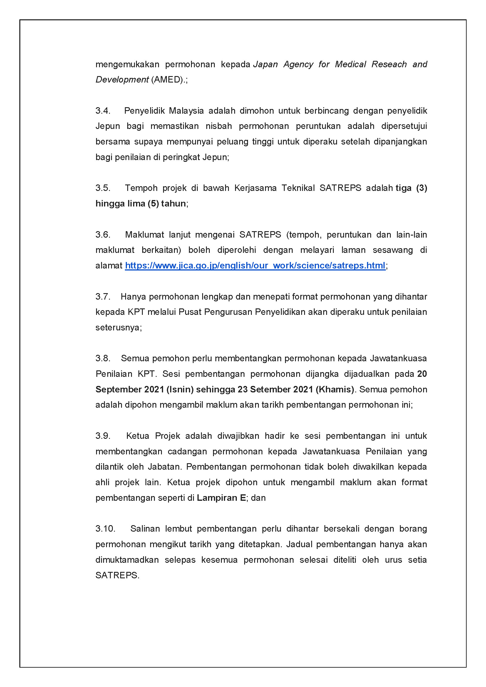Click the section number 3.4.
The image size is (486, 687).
tap(103, 111)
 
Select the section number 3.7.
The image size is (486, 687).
tap(103, 297)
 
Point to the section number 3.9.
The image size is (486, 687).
tap(103, 436)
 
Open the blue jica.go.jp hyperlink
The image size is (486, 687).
tap(255, 266)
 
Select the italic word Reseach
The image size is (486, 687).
tap(389, 64)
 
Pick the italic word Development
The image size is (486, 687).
tap(122, 80)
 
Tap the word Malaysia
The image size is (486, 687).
tap(186, 111)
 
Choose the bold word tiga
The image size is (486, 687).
tap(403, 188)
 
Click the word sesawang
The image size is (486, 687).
tap(393, 250)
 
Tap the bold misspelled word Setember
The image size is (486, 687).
tap(270, 389)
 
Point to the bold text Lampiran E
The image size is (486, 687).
tap(221, 498)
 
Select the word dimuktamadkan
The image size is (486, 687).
tap(127, 560)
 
